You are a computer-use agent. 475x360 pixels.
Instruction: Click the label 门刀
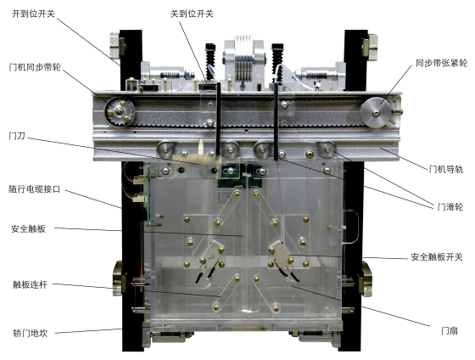(x=15, y=134)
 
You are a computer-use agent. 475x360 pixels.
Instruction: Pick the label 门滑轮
(x=448, y=205)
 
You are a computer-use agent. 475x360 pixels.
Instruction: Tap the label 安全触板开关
(x=436, y=257)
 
